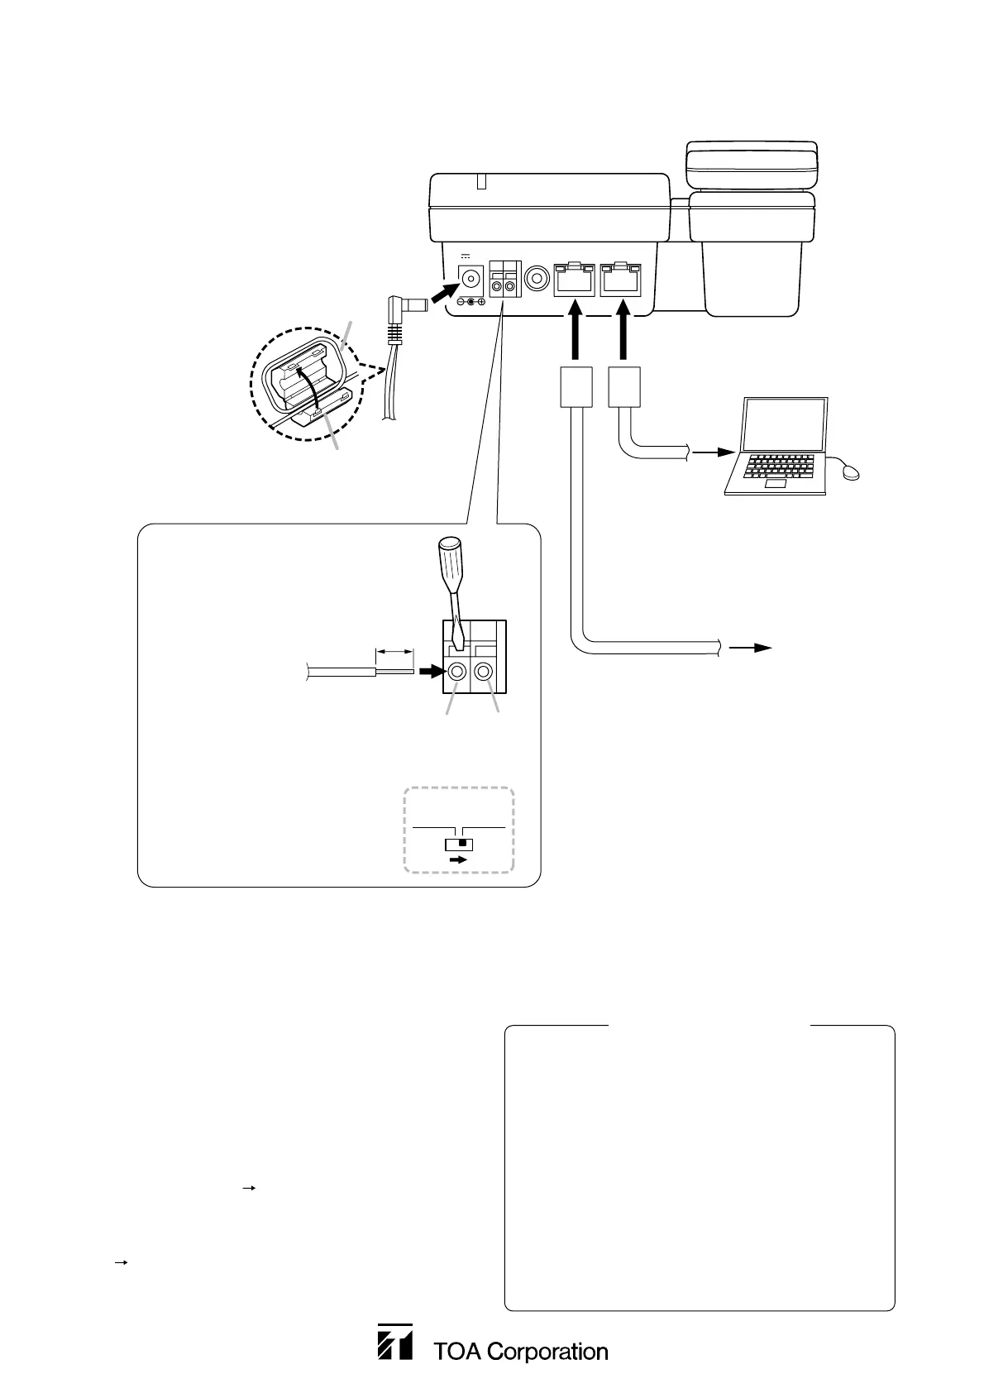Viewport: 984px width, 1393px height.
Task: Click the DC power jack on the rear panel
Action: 471,278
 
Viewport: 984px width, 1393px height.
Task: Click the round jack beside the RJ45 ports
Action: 538,277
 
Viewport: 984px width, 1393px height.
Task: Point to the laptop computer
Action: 776,447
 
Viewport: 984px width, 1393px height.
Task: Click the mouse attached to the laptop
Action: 852,472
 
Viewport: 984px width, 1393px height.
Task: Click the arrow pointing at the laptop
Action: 714,453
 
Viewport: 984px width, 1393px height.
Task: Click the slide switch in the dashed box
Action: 458,845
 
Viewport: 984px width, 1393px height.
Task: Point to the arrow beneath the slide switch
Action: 457,860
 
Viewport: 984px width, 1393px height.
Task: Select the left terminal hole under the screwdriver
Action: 456,672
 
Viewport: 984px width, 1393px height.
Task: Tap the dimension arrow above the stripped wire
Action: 394,653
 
